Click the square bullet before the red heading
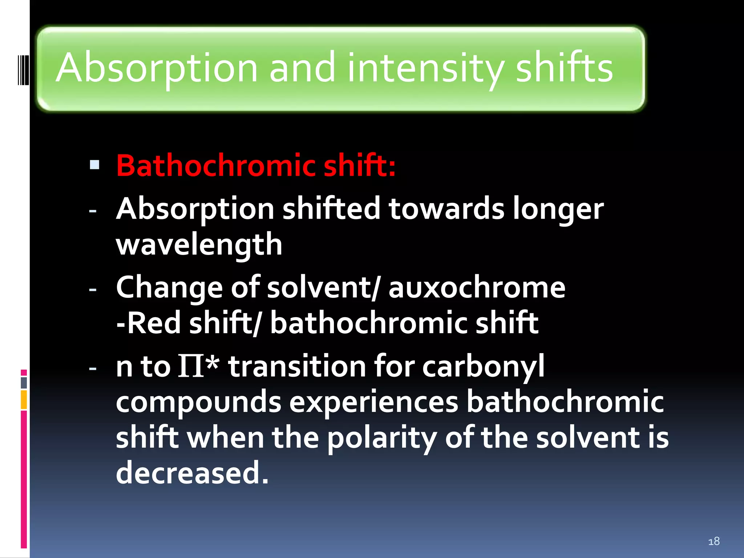point(94,165)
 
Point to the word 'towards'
point(446,209)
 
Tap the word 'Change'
point(169,288)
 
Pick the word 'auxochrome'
point(477,288)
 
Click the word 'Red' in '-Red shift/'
point(154,323)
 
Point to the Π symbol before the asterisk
point(191,366)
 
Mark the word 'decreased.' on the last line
point(192,473)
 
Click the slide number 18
point(714,541)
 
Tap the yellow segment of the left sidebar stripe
point(24,400)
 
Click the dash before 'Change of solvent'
point(93,290)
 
